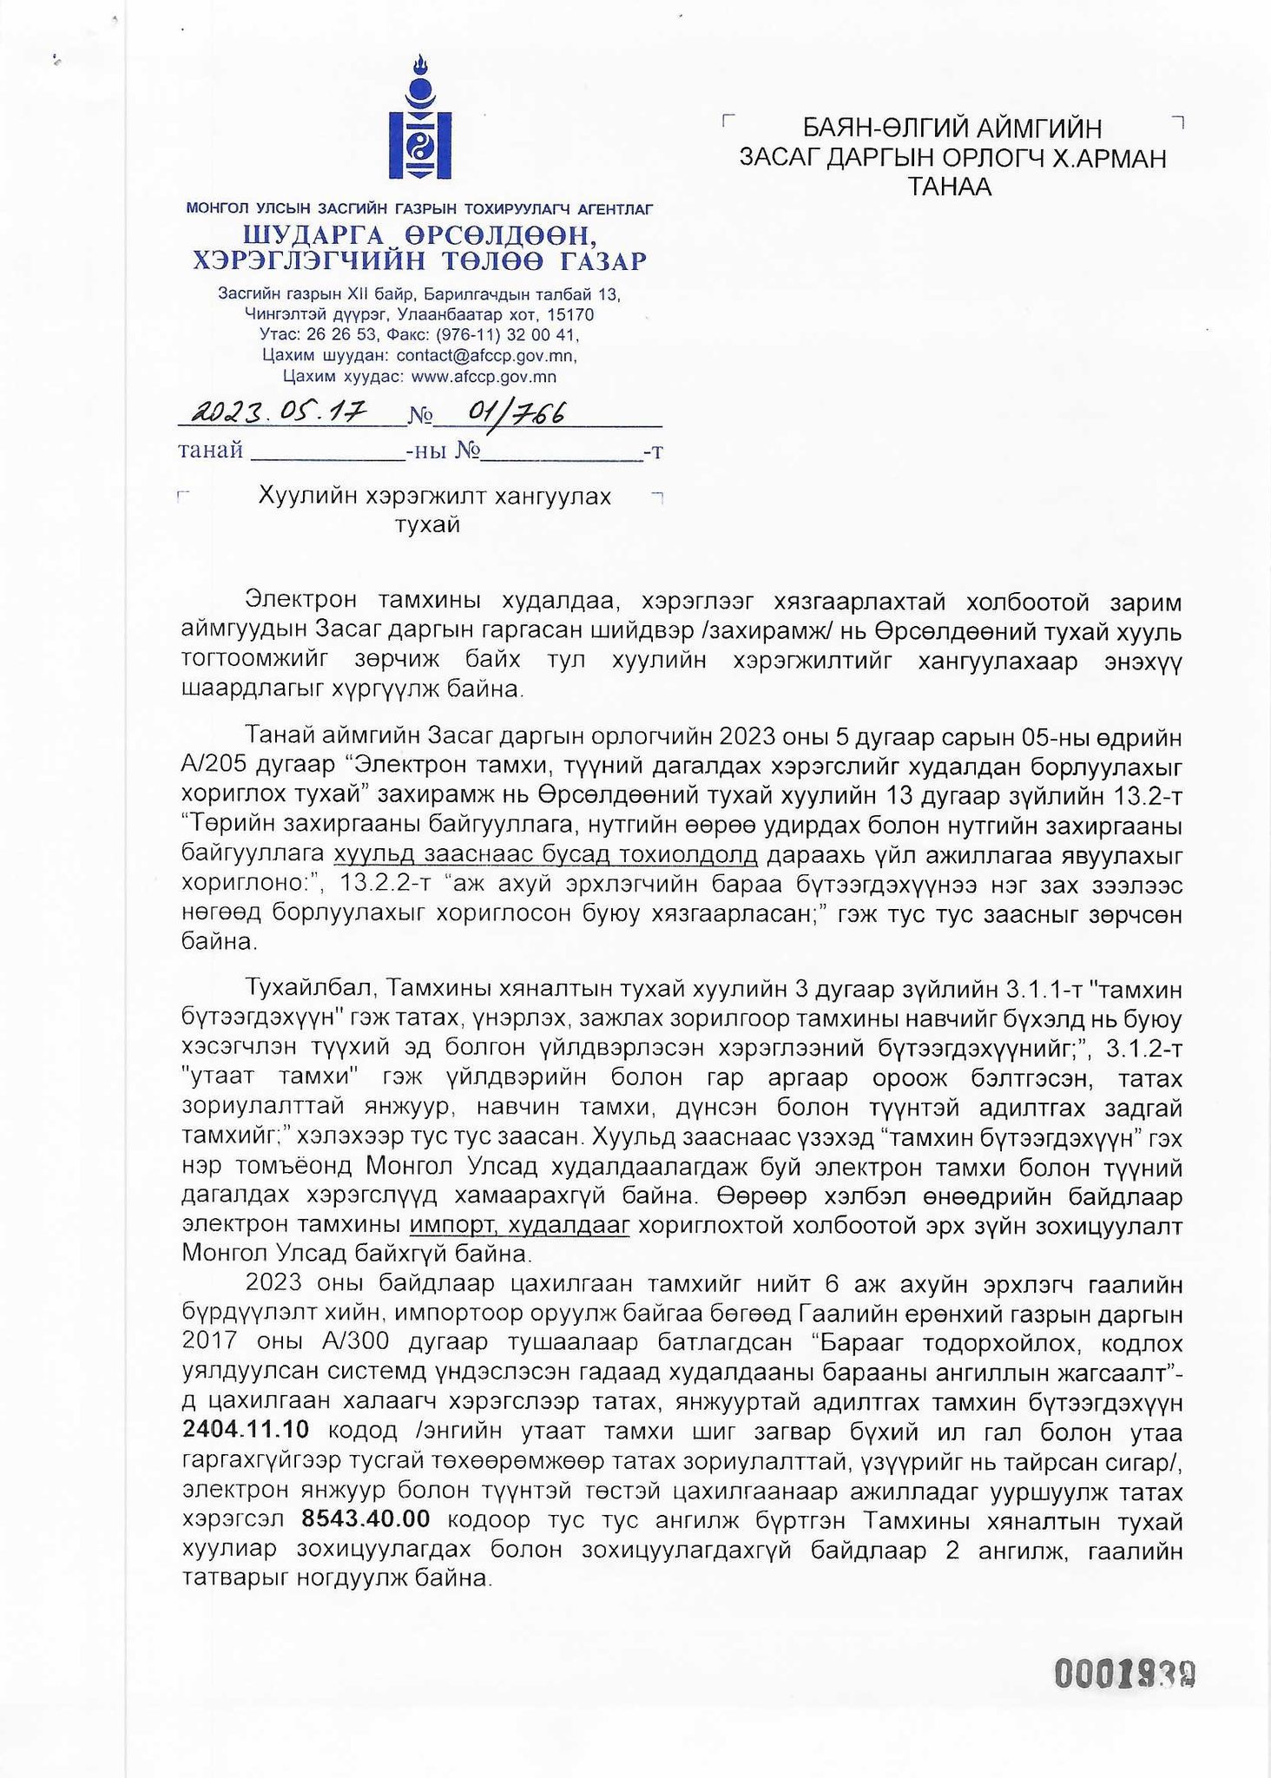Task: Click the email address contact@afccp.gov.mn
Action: pyautogui.click(x=485, y=356)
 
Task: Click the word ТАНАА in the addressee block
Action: pyautogui.click(x=949, y=187)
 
